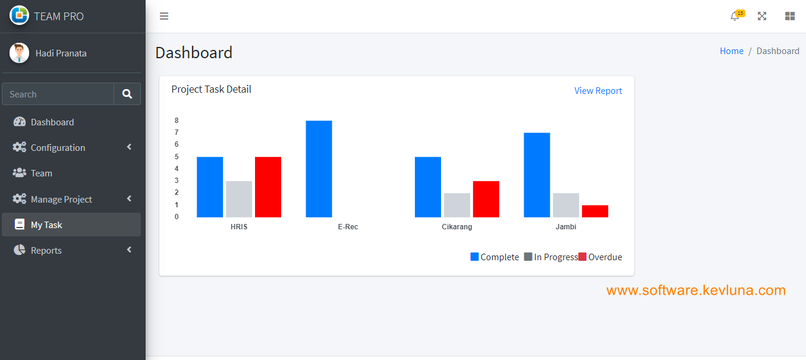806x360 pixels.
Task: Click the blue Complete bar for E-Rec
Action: tap(319, 169)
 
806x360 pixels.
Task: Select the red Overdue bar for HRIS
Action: tap(268, 187)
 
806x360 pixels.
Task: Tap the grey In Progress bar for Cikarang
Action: tap(456, 205)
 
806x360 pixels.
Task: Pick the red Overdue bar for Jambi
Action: tap(595, 211)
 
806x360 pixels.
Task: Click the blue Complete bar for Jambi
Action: tap(537, 175)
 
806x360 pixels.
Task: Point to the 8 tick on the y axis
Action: tap(177, 121)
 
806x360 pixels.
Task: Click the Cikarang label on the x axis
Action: tap(456, 227)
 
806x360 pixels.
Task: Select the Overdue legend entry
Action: tap(600, 257)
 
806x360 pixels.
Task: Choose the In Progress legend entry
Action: tap(550, 257)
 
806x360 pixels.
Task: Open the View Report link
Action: tap(598, 91)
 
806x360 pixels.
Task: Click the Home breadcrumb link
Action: tap(731, 51)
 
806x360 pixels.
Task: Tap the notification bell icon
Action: tap(735, 17)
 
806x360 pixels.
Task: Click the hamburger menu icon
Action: tap(164, 16)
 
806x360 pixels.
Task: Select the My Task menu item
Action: tap(46, 225)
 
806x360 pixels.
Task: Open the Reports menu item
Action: tap(46, 251)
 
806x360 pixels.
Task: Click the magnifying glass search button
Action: tap(127, 94)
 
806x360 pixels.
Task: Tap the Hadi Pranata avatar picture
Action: tap(19, 53)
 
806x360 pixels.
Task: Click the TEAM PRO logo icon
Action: tap(19, 15)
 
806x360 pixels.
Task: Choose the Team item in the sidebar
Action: tap(42, 173)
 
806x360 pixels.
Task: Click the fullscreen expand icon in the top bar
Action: tap(762, 16)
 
